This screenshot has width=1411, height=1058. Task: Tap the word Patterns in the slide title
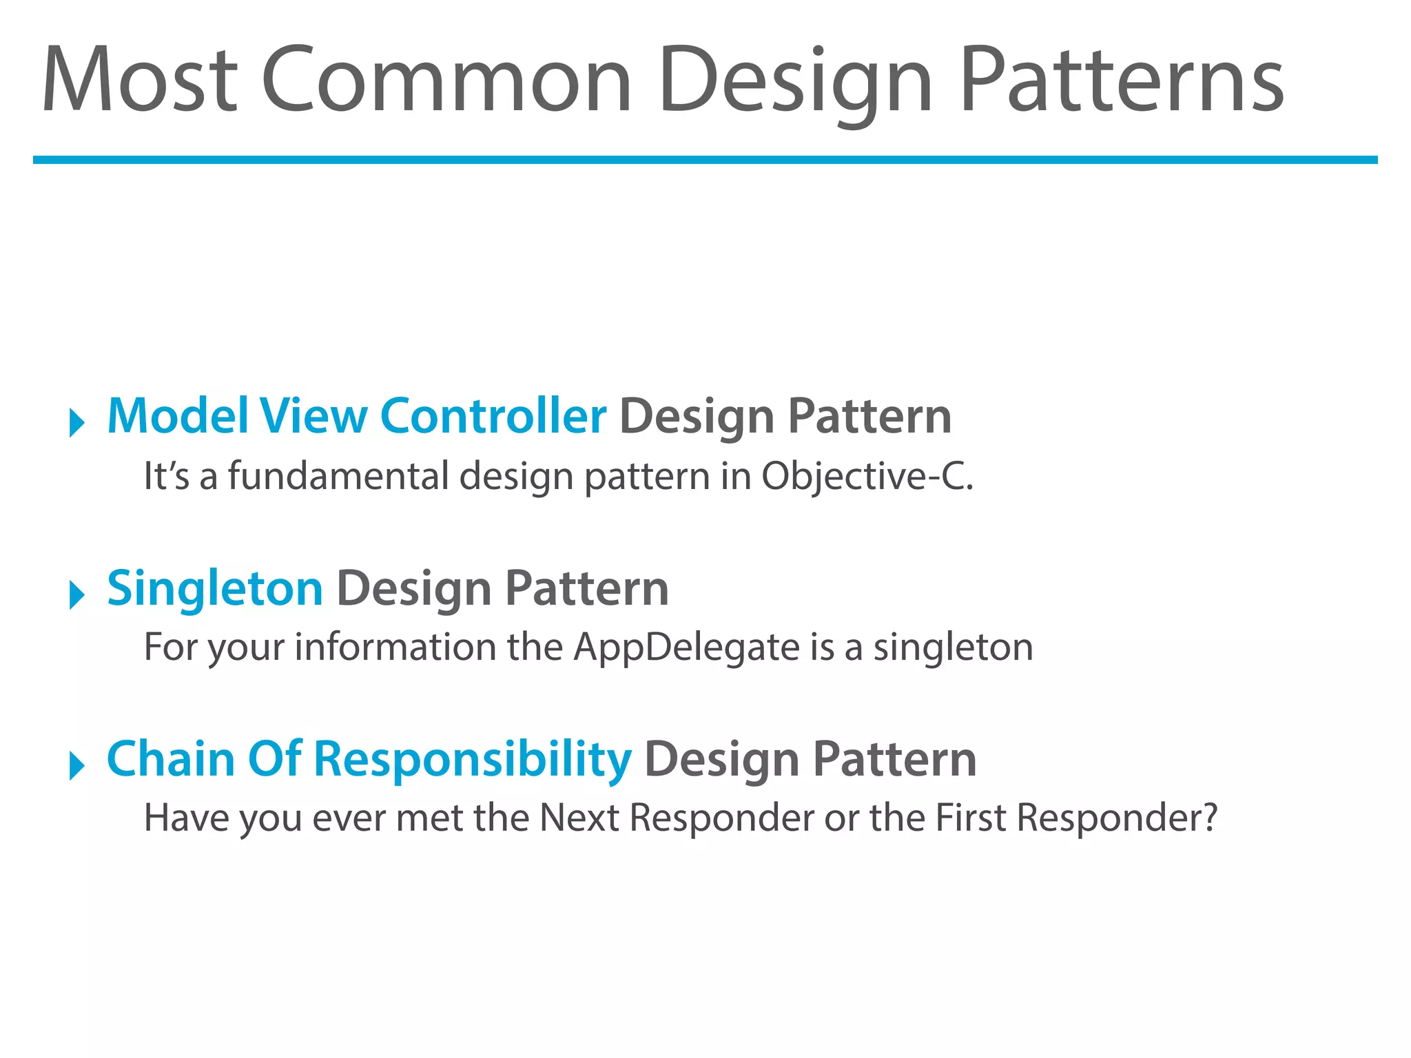[x=1121, y=79]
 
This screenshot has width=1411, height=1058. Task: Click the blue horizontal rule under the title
[x=705, y=160]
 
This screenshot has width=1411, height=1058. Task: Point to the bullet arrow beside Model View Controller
[x=77, y=422]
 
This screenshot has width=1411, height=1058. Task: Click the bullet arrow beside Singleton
[x=77, y=594]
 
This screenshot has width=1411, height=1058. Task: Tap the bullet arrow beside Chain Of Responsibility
[x=77, y=765]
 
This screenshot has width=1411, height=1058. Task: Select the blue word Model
[x=178, y=416]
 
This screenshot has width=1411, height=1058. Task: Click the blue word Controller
[x=493, y=416]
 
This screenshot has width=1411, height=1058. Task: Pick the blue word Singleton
[x=215, y=588]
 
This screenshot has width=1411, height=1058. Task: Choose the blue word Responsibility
[x=472, y=759]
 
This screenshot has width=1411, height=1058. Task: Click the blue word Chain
[x=171, y=759]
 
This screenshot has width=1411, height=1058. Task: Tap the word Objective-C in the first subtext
[x=866, y=476]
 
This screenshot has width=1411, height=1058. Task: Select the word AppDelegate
[x=686, y=647]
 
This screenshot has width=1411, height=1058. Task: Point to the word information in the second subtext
[x=395, y=647]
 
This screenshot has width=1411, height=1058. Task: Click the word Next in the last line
[x=579, y=818]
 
